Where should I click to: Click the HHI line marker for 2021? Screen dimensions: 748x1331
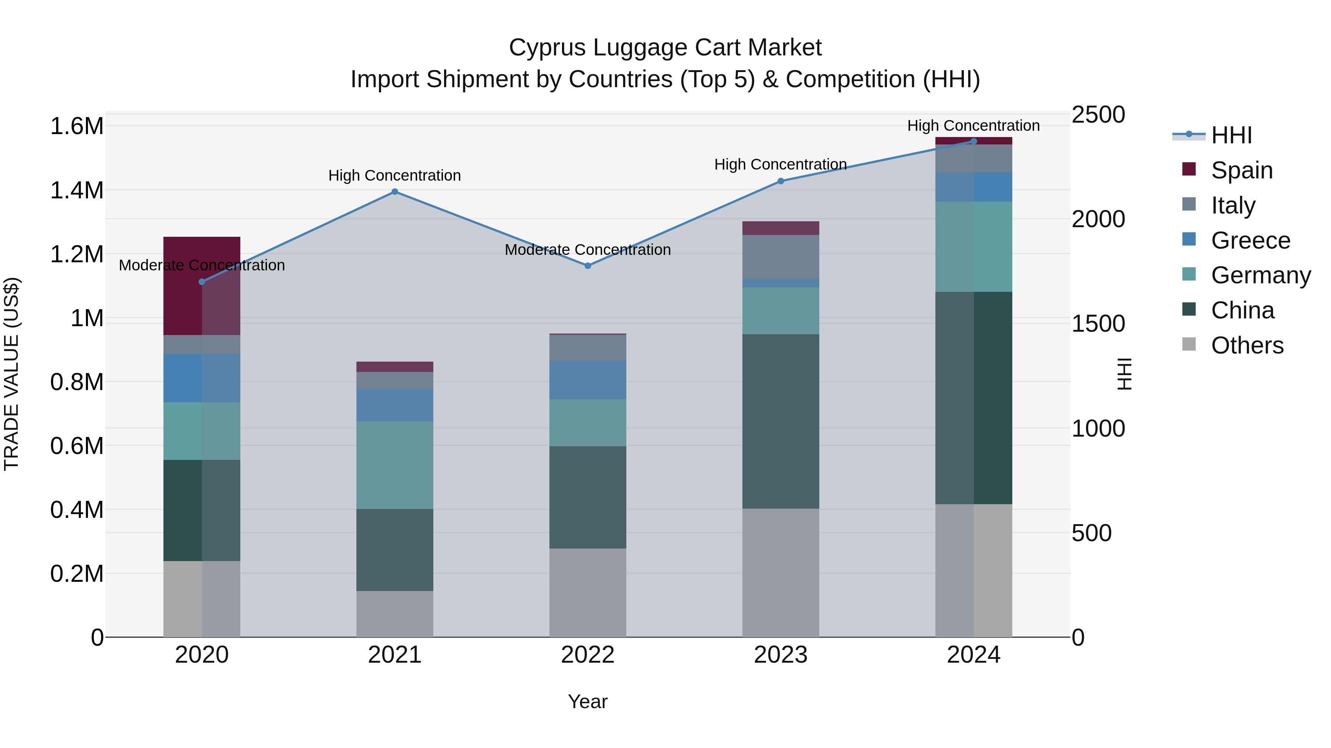[395, 191]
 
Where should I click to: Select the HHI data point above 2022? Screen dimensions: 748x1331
[587, 266]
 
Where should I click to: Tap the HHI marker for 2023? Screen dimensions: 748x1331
[781, 181]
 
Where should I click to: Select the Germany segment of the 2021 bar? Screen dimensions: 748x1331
[395, 465]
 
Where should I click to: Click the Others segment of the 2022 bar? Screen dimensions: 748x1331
[587, 592]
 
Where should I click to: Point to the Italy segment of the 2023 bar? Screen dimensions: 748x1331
[781, 257]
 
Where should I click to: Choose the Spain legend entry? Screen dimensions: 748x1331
[1241, 170]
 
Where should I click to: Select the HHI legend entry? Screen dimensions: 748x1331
[1231, 135]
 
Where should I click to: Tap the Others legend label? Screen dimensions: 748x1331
[1247, 345]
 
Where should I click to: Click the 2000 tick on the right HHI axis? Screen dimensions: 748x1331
[1098, 219]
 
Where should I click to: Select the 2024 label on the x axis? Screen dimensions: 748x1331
[973, 655]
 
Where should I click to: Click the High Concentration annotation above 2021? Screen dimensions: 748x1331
[395, 175]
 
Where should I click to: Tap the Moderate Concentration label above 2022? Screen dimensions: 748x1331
[587, 250]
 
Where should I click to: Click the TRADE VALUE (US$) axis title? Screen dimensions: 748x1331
[11, 374]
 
